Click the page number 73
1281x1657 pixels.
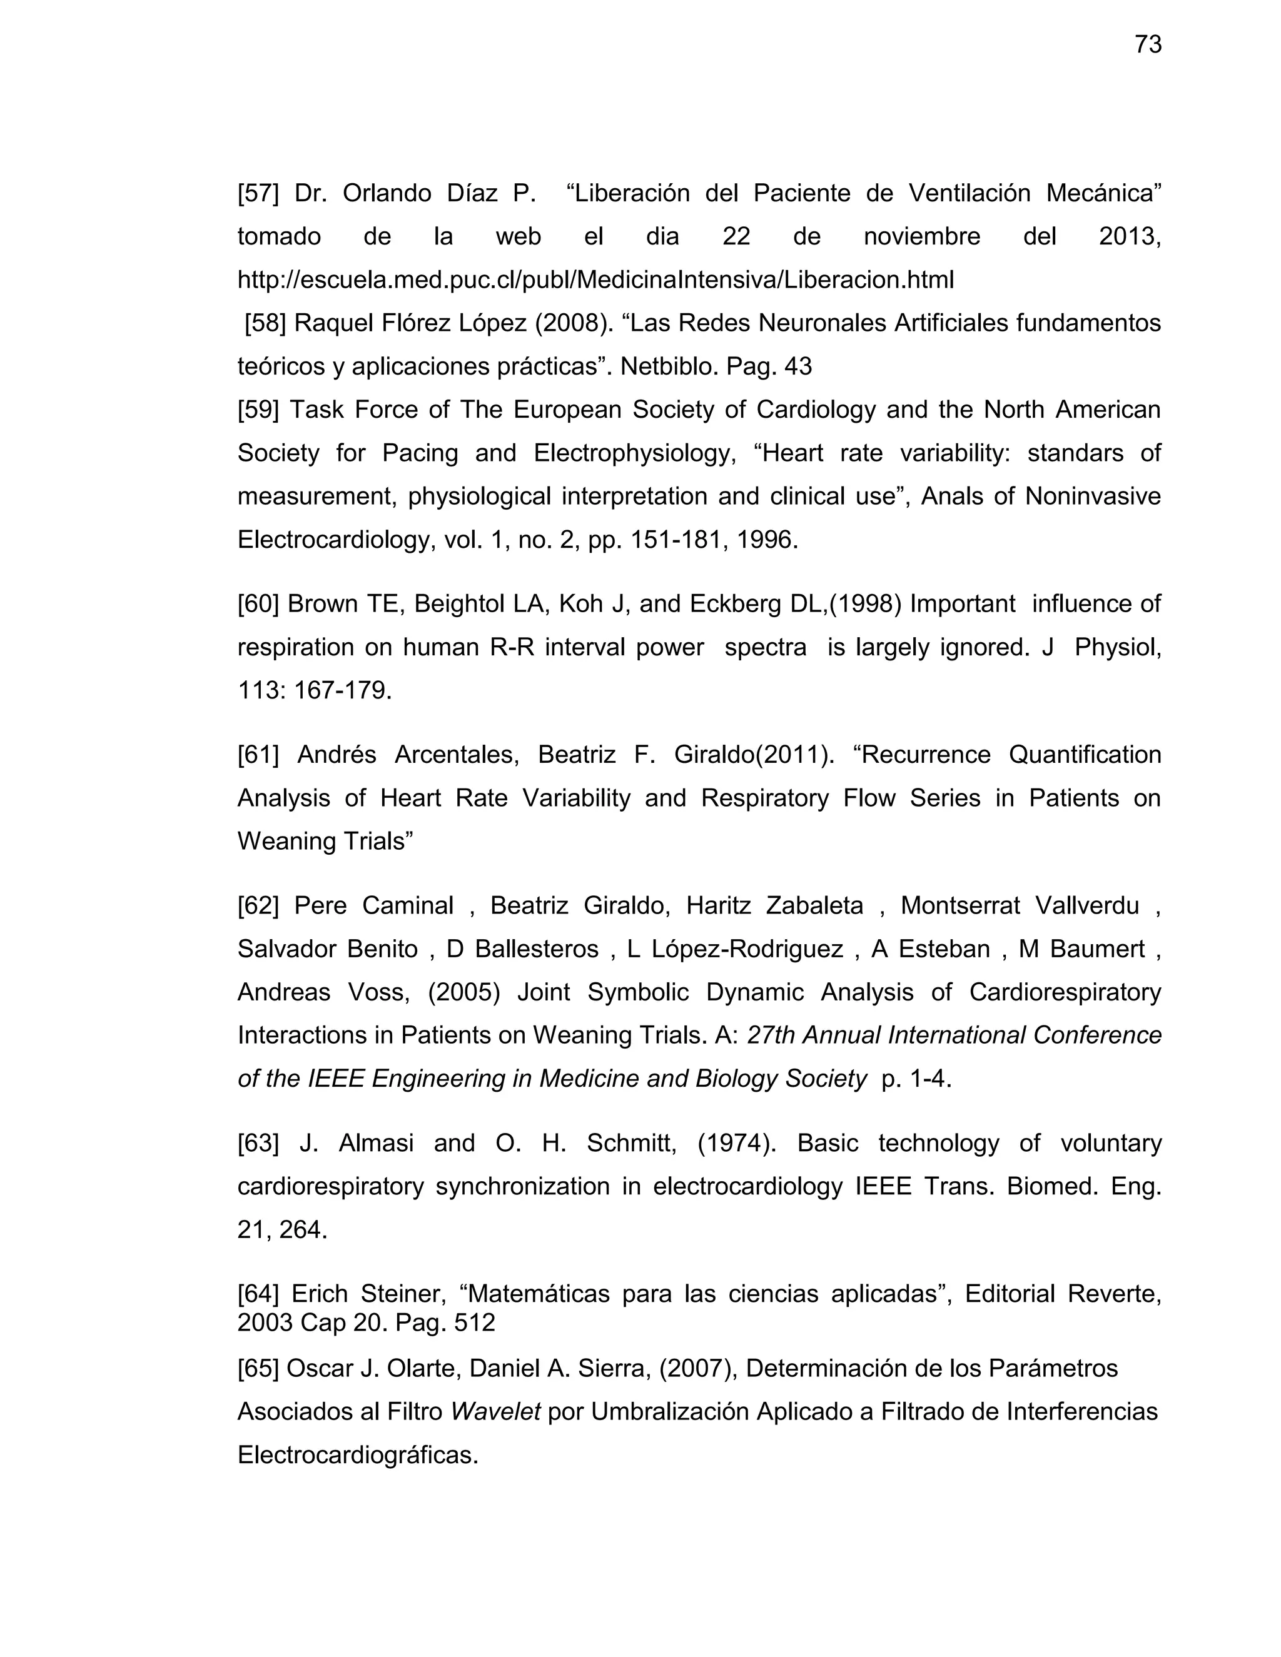(x=1147, y=45)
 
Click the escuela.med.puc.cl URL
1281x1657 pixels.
(x=595, y=280)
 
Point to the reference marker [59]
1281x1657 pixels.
(x=258, y=410)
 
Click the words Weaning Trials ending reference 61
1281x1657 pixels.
(x=324, y=842)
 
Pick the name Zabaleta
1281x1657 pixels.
(x=814, y=906)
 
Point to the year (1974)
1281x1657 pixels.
(x=736, y=1144)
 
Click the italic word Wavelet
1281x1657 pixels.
(x=495, y=1412)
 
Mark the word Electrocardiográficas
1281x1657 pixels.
(x=357, y=1455)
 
